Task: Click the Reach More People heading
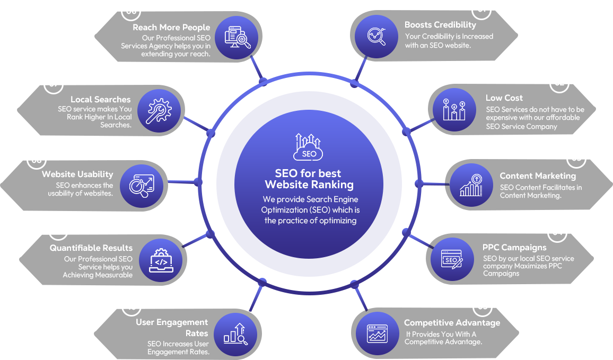(x=171, y=27)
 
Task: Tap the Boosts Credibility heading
(x=440, y=25)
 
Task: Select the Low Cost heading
(x=504, y=98)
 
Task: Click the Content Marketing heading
(x=537, y=175)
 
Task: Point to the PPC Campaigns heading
(x=514, y=247)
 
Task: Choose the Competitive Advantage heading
(x=452, y=322)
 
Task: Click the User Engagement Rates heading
(x=172, y=328)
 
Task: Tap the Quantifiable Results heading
(x=91, y=248)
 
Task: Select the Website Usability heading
(x=77, y=174)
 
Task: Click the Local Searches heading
(x=100, y=99)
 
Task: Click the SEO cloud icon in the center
(x=309, y=147)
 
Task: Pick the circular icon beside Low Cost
(x=454, y=110)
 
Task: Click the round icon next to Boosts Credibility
(x=376, y=36)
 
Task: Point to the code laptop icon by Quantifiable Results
(x=161, y=260)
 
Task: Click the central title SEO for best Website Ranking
(x=309, y=179)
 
